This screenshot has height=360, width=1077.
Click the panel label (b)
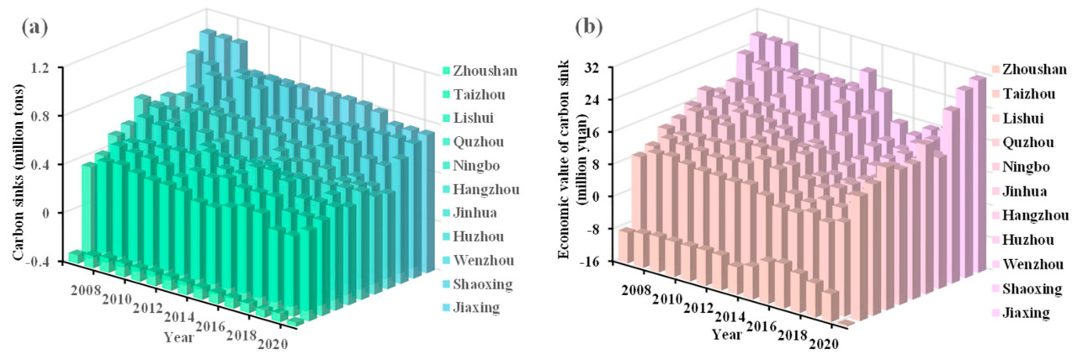point(589,26)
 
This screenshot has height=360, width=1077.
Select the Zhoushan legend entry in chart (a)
point(484,71)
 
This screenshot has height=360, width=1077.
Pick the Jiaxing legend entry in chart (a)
point(477,308)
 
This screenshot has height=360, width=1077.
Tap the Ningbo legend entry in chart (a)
point(476,166)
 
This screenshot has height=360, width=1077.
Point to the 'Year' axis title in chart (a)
point(178,336)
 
